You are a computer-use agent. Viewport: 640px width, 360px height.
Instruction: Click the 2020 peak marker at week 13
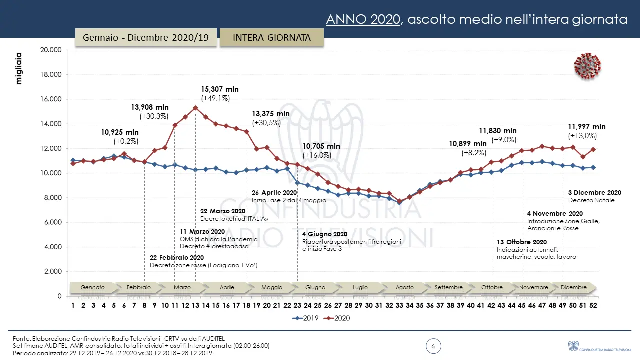(x=195, y=108)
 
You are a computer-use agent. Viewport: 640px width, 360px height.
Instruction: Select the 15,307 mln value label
(x=220, y=89)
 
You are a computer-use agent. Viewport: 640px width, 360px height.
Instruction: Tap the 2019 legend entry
(x=308, y=318)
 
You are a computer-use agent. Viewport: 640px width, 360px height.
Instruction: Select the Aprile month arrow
(x=226, y=287)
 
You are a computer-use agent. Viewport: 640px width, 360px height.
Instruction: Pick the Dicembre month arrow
(x=573, y=287)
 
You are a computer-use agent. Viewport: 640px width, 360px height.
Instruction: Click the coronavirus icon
(x=587, y=66)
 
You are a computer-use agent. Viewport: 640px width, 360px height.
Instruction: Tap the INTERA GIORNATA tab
(x=271, y=38)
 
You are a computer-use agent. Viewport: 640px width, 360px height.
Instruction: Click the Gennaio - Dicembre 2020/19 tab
(x=145, y=38)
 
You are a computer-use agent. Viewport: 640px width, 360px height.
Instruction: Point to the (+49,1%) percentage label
(x=215, y=98)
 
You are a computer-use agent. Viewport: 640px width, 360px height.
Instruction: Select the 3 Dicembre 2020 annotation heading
(x=595, y=192)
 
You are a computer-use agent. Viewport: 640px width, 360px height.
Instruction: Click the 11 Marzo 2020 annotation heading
(x=202, y=232)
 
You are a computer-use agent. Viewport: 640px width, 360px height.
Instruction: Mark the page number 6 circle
(x=433, y=346)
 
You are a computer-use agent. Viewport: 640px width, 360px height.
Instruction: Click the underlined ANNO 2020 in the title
(x=363, y=19)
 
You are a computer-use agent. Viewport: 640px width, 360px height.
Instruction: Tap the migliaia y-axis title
(x=19, y=68)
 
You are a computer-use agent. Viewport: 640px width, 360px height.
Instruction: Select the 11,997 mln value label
(x=587, y=127)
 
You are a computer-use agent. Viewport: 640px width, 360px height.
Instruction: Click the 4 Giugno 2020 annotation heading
(x=325, y=234)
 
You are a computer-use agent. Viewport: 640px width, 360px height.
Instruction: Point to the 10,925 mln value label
(x=120, y=132)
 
